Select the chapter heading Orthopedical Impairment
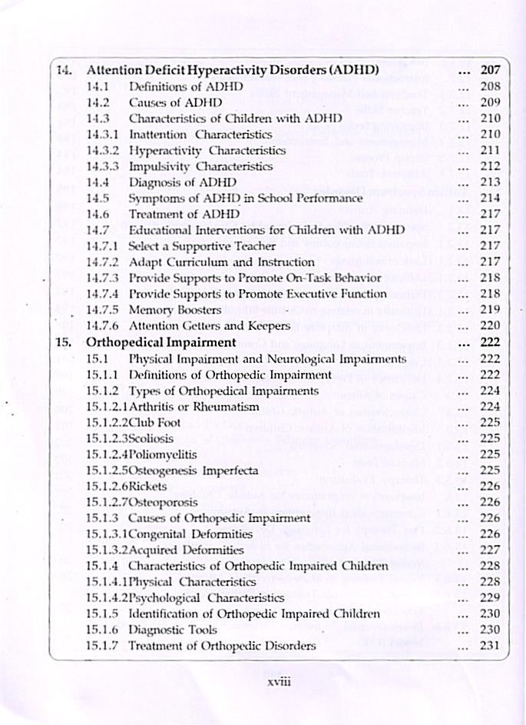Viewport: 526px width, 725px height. [x=160, y=342]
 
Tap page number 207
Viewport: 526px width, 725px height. [x=489, y=70]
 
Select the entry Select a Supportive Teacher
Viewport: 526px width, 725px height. [x=202, y=246]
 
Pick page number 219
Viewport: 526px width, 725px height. [x=489, y=310]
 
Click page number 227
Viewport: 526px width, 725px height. [x=489, y=550]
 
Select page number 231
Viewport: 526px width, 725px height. [x=489, y=646]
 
